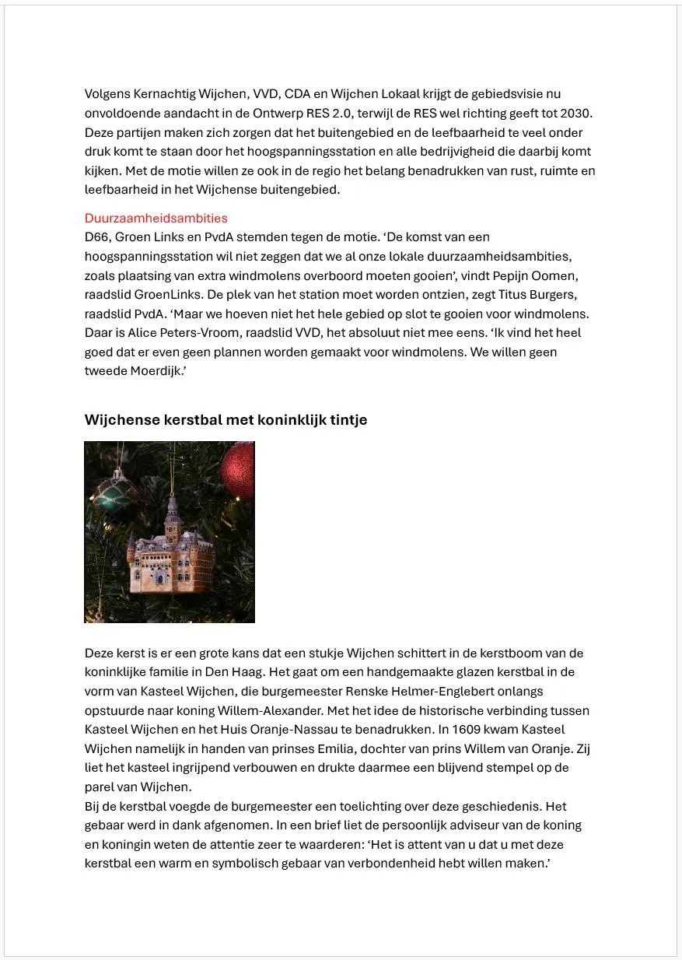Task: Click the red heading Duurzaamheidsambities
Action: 156,218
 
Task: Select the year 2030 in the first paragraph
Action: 578,113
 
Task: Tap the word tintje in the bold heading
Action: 348,420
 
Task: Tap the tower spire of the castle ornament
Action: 173,502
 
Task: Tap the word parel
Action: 101,787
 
